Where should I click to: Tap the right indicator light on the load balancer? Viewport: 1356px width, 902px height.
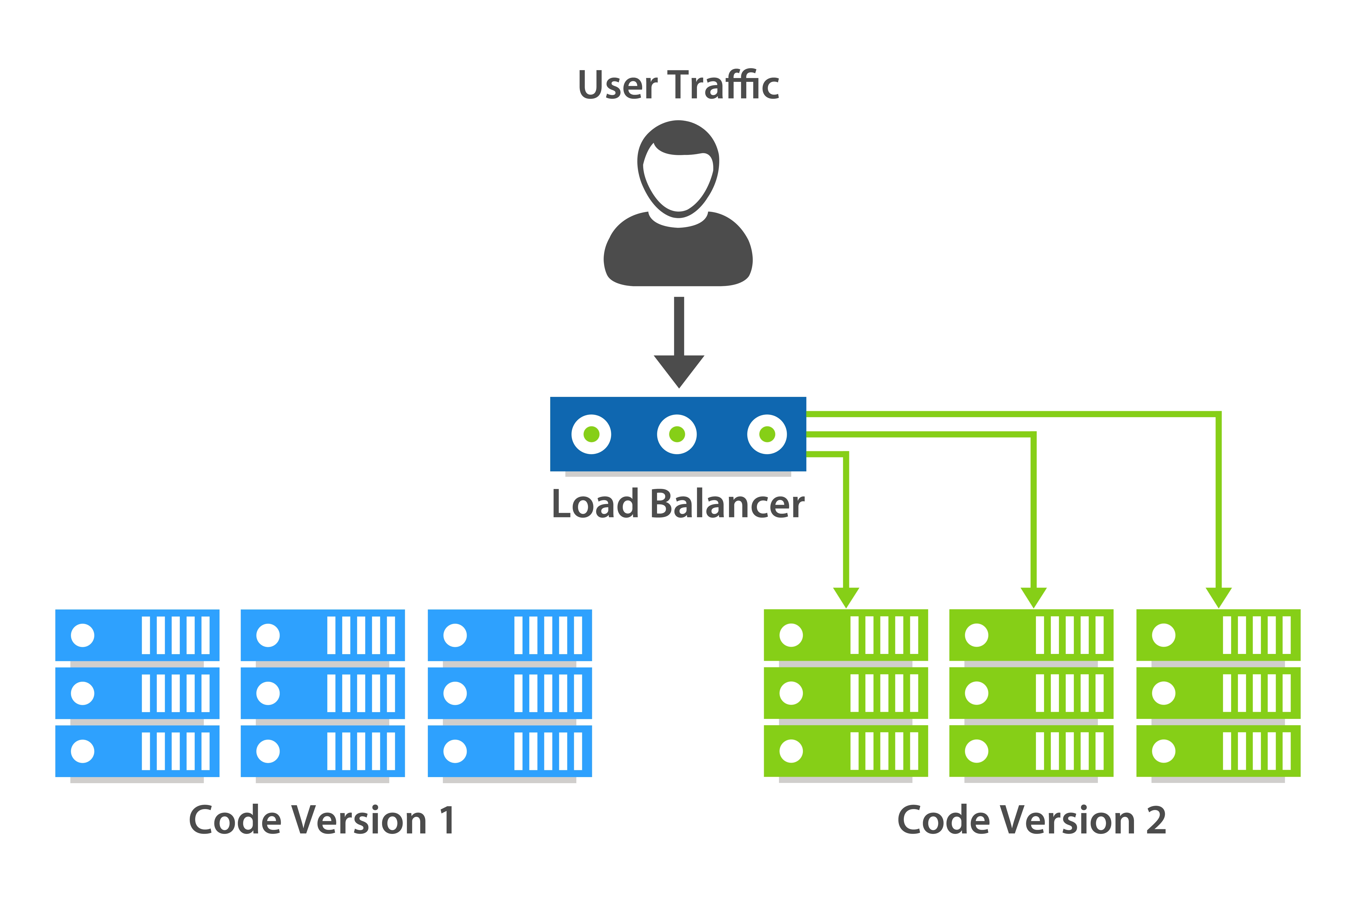pos(767,434)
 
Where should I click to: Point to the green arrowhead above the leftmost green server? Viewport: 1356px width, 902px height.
pos(846,596)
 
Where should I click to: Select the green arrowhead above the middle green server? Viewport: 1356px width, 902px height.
pos(1033,596)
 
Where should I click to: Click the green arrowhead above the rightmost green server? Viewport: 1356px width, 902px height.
pos(1219,596)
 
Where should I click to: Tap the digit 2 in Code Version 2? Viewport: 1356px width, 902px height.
pos(1156,820)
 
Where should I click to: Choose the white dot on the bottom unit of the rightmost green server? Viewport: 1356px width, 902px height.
pos(1164,751)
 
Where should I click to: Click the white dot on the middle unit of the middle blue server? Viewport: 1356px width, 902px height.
pos(268,693)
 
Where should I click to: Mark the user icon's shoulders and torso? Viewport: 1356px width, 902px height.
pos(678,256)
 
